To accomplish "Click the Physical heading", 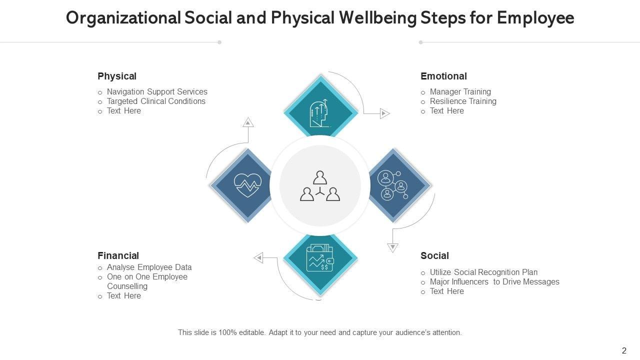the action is click(x=117, y=76).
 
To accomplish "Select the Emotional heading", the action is click(x=443, y=76).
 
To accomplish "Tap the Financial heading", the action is click(x=118, y=256).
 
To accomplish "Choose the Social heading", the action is click(x=434, y=256).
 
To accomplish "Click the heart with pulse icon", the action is click(x=247, y=185).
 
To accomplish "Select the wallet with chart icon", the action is click(x=320, y=258).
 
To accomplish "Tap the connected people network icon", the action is click(x=393, y=185).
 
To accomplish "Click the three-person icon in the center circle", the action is click(x=320, y=186).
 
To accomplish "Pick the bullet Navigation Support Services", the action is click(x=157, y=92).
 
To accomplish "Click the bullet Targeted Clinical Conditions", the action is click(x=156, y=101).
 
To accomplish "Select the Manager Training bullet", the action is click(x=460, y=92).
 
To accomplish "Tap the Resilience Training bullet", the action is click(x=463, y=101).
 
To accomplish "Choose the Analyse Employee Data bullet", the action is click(x=149, y=267).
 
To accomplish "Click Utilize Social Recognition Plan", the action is click(x=483, y=272).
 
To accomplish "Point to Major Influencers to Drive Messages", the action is click(x=494, y=282).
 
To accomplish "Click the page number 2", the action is click(x=624, y=351).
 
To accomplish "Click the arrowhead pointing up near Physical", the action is click(x=248, y=122).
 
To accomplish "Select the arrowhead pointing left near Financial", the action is click(x=258, y=258).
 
